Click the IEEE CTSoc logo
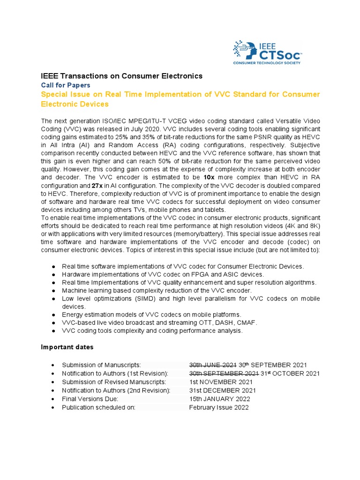[267, 52]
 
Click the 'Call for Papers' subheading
[66, 85]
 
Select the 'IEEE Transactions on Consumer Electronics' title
[122, 75]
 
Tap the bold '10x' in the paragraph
[210, 177]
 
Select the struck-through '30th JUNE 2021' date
[212, 365]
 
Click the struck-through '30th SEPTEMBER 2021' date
[224, 373]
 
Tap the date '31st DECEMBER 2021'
[222, 390]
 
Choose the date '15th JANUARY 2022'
[219, 398]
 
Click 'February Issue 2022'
[218, 407]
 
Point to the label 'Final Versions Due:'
[90, 398]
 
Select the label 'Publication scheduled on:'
[98, 407]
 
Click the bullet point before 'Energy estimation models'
[54, 314]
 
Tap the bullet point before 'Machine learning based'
[54, 291]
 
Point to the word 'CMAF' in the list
[232, 322]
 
